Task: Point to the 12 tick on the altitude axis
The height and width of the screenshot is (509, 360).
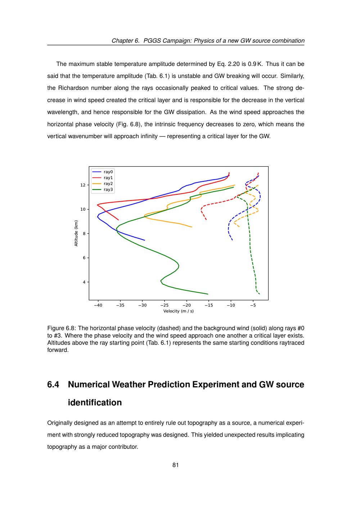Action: click(83, 185)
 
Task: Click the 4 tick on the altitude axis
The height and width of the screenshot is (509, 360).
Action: click(84, 282)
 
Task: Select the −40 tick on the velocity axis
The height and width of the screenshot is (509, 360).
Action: click(98, 305)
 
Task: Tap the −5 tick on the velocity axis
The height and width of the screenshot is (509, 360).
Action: click(253, 305)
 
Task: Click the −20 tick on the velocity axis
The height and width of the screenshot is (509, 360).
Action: click(186, 305)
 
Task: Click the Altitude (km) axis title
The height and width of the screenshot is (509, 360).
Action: click(76, 233)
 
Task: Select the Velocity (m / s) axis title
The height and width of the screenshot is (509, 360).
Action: click(179, 311)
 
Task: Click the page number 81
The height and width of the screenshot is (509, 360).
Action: click(176, 465)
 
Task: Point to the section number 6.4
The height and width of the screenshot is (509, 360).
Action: click(53, 384)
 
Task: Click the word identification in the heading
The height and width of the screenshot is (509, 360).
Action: click(95, 402)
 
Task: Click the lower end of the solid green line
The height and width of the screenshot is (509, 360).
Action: click(208, 294)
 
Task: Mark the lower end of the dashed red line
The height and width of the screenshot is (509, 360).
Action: click(206, 220)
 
